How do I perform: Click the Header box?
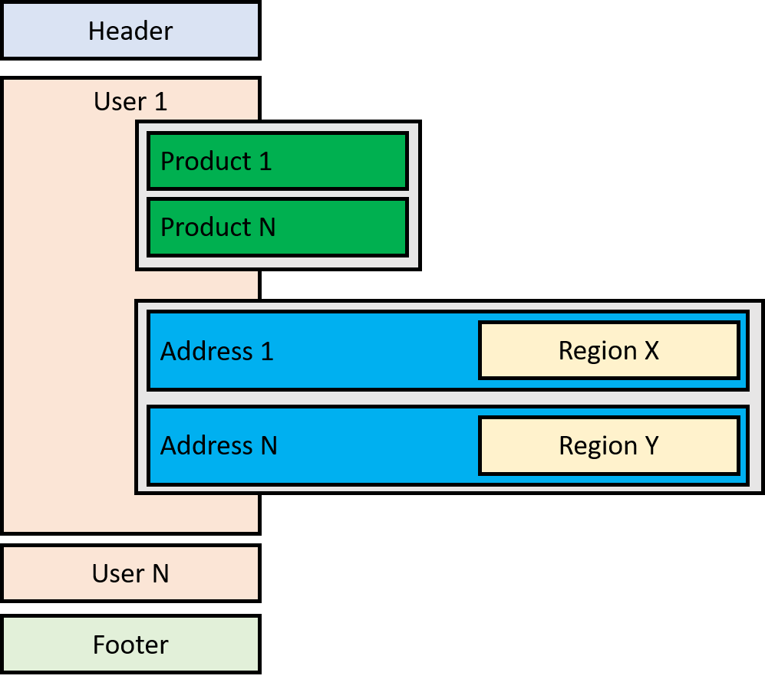(130, 31)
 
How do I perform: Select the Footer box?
(130, 645)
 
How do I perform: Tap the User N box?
(130, 573)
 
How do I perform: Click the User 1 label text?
(130, 101)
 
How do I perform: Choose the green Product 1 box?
(277, 161)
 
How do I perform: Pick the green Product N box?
(277, 228)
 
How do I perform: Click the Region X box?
(608, 350)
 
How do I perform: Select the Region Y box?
(608, 445)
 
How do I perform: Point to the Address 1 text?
(217, 351)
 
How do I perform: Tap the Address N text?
(219, 445)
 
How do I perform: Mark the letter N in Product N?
(265, 228)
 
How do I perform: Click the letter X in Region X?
(651, 350)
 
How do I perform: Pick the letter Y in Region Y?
(651, 445)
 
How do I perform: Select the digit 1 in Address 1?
(267, 351)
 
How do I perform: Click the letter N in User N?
(160, 573)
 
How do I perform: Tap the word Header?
(130, 31)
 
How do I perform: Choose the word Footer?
(130, 645)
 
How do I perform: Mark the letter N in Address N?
(268, 445)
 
